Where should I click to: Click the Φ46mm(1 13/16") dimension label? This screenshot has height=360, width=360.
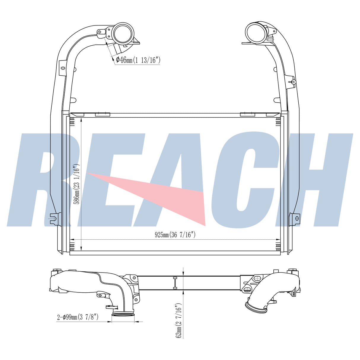[138, 60]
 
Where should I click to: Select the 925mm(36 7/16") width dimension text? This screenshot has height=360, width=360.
[175, 235]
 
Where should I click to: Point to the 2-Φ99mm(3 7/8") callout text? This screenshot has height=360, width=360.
[77, 317]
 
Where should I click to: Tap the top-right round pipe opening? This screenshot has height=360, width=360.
[257, 33]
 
